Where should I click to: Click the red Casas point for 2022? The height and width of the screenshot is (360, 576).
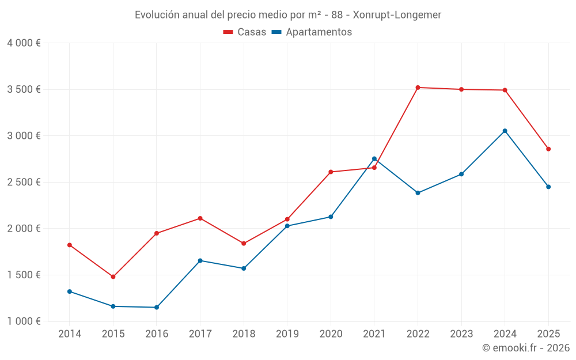[418, 88]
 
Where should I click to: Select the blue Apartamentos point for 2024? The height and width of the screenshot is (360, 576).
[505, 131]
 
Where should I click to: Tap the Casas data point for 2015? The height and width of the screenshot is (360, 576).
[113, 276]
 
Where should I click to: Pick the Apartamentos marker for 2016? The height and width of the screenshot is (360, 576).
[157, 308]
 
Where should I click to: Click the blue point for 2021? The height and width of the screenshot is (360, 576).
[374, 158]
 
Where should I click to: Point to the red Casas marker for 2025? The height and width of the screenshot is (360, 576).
[548, 149]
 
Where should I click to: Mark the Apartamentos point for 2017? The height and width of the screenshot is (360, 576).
[200, 260]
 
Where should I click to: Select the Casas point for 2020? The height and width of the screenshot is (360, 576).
[331, 172]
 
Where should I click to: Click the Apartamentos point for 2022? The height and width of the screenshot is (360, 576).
[418, 193]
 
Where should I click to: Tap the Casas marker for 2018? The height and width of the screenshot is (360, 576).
[244, 244]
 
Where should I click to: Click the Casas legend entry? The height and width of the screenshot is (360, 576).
[245, 32]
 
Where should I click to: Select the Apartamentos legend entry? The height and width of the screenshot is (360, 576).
[312, 32]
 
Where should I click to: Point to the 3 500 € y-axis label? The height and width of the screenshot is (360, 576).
[24, 89]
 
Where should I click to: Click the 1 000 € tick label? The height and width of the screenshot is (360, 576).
[24, 321]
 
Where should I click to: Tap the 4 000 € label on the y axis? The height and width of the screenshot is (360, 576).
[24, 43]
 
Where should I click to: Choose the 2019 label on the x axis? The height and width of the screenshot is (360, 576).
[287, 334]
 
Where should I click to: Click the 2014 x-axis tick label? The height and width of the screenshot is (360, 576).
[70, 334]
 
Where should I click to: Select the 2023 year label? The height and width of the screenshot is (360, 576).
[461, 334]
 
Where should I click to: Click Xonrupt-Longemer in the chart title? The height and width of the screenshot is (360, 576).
[397, 15]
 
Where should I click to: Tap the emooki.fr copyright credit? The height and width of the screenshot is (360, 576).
[525, 348]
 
